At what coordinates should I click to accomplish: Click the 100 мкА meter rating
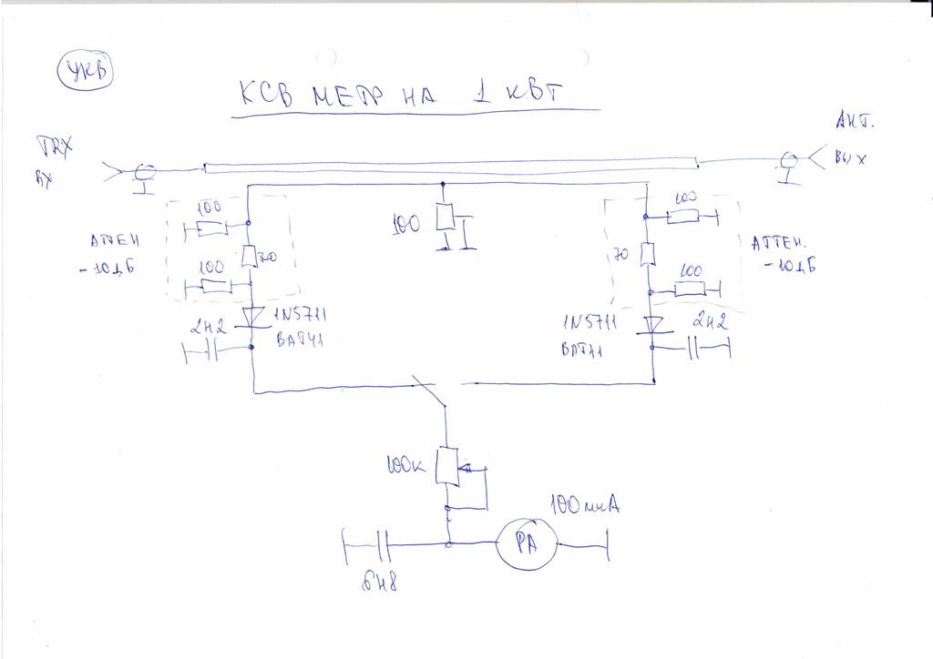584,504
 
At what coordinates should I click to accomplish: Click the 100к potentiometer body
446,465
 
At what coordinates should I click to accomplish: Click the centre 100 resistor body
444,218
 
